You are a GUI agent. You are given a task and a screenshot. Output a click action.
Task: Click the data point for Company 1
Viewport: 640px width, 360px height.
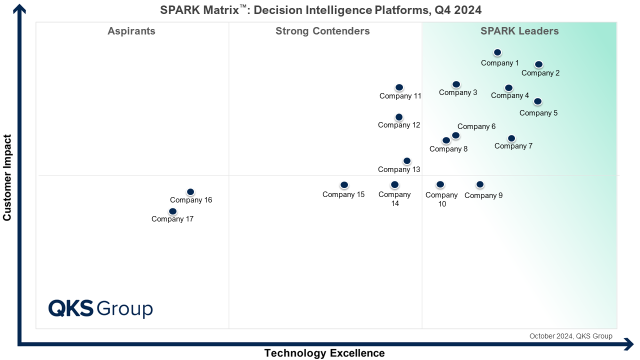497,52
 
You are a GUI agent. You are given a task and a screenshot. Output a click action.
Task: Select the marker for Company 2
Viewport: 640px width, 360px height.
538,64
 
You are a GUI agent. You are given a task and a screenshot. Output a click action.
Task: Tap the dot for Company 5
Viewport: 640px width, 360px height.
537,101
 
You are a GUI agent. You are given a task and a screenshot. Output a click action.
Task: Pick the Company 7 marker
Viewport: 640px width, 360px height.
511,138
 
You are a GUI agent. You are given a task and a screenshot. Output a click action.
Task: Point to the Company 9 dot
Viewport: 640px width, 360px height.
480,184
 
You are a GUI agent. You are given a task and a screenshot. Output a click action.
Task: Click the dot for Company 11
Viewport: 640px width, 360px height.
399,87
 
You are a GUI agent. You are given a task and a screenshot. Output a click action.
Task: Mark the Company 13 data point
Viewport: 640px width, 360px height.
407,161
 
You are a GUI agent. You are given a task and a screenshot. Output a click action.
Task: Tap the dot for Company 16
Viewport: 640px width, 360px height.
190,192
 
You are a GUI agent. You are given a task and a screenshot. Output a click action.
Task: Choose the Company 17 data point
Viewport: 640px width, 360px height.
172,211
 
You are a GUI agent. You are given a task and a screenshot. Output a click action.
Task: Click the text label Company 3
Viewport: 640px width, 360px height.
458,92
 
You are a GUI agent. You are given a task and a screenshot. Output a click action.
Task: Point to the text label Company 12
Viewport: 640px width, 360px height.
399,125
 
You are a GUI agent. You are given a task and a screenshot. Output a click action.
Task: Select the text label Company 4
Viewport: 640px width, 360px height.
510,95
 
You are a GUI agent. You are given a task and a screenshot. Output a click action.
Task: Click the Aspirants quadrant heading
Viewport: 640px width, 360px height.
131,31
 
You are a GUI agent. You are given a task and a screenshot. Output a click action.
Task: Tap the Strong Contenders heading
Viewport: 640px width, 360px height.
322,31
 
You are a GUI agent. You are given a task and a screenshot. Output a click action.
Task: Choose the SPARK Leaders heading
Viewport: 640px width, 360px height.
519,31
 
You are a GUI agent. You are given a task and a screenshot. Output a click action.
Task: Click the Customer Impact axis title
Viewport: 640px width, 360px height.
7,177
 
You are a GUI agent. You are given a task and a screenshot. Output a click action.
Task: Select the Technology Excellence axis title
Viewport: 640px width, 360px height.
324,353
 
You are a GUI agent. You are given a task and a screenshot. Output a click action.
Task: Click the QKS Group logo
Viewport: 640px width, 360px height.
100,308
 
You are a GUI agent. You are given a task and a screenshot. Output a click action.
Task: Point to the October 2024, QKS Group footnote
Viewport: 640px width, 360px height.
570,336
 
